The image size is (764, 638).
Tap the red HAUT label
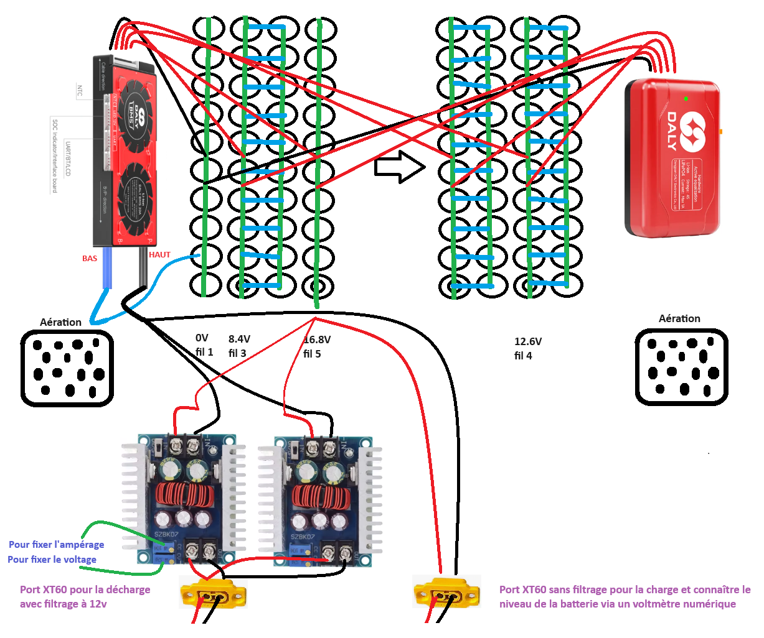tap(159, 255)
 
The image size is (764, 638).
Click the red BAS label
tap(90, 259)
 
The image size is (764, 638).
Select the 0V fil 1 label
tap(204, 345)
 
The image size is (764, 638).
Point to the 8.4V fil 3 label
tap(238, 346)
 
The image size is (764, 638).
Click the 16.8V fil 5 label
tap(316, 347)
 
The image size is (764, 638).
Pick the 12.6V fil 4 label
tap(527, 349)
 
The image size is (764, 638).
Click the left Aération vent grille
tap(67, 368)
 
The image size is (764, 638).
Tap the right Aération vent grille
tap(681, 367)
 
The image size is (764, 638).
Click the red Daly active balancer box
tap(672, 159)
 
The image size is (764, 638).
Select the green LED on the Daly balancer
tap(686, 98)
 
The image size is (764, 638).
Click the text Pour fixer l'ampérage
tap(56, 545)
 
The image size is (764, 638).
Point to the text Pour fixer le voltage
tap(52, 560)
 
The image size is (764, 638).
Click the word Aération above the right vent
tap(679, 319)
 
